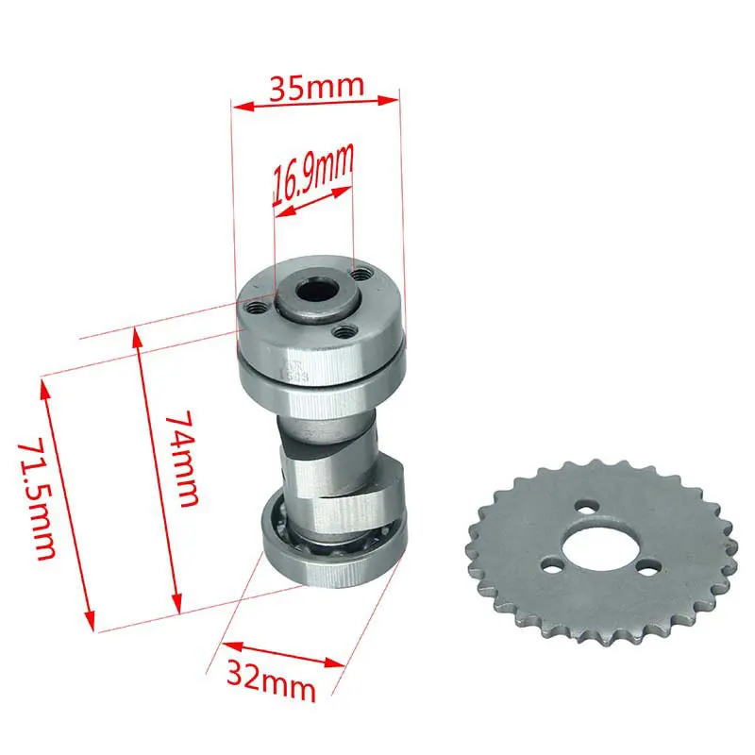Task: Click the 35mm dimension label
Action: [x=316, y=87]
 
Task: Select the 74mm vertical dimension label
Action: [x=185, y=460]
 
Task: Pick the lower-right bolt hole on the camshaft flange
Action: [x=343, y=331]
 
